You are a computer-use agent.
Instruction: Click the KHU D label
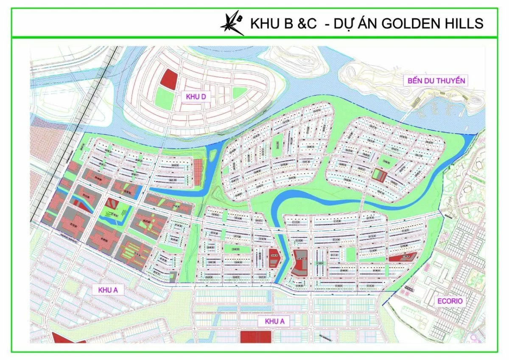196,97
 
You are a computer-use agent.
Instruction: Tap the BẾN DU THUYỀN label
436,81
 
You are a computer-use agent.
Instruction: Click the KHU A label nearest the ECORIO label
274,321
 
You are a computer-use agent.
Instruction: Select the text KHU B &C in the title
283,23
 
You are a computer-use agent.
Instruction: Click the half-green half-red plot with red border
377,175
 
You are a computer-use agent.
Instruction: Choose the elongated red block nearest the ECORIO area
402,257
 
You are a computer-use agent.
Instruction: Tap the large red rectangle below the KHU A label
256,336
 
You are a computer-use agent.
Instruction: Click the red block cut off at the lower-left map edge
68,338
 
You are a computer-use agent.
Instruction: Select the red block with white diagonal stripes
112,204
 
